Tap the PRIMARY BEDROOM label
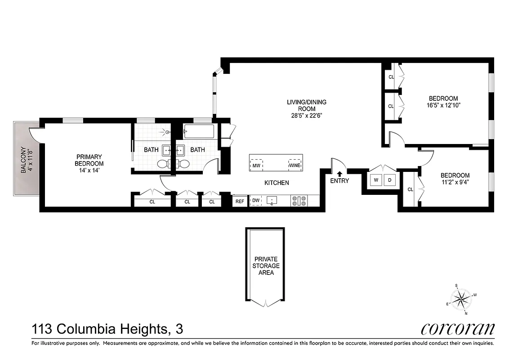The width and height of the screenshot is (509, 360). (x=89, y=160)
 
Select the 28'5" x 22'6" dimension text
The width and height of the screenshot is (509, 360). (x=307, y=115)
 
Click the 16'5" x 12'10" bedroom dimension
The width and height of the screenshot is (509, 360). (x=443, y=105)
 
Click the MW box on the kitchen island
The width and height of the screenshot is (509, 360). (x=256, y=165)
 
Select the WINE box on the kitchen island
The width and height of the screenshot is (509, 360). (x=295, y=165)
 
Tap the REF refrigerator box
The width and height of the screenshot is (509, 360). (x=240, y=201)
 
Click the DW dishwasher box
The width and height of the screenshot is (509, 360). (x=255, y=201)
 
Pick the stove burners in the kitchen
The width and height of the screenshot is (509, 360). (x=299, y=201)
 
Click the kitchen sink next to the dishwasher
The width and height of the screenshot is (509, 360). (x=272, y=200)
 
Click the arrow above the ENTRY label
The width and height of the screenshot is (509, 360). (x=339, y=173)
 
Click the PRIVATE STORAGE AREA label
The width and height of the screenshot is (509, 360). (x=266, y=265)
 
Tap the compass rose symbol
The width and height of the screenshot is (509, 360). (x=461, y=298)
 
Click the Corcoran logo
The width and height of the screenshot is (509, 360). (x=458, y=329)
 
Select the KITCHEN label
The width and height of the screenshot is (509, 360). (x=276, y=183)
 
